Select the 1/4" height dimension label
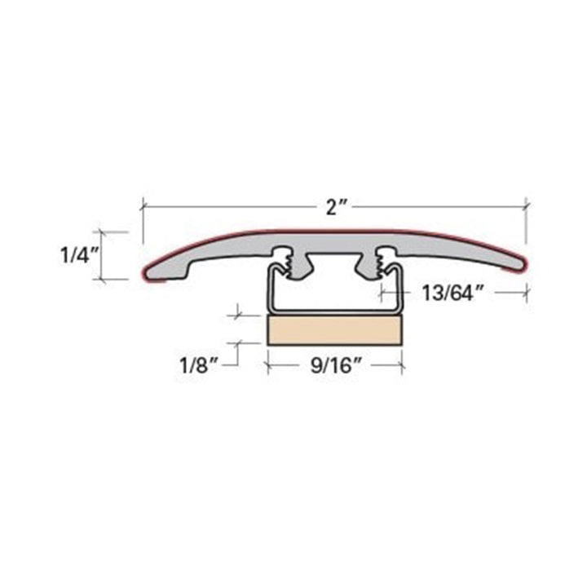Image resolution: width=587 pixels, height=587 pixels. click(79, 256)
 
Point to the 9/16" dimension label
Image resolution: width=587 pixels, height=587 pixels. click(334, 367)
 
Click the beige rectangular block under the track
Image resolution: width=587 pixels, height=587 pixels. click(334, 330)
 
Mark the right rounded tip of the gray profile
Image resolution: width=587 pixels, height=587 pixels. click(519, 264)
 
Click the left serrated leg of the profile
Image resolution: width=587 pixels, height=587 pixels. click(288, 263)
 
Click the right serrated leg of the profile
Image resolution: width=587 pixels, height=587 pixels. click(379, 263)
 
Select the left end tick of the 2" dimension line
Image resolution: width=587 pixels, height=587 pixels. click(143, 205)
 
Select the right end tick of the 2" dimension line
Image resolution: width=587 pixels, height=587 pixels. click(527, 205)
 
